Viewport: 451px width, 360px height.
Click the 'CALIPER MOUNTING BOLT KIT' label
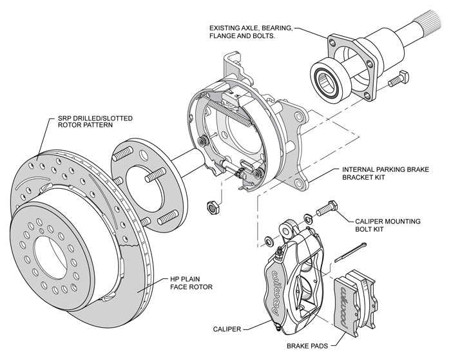click(x=387, y=225)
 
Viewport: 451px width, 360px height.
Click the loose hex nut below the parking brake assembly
click(x=209, y=208)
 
